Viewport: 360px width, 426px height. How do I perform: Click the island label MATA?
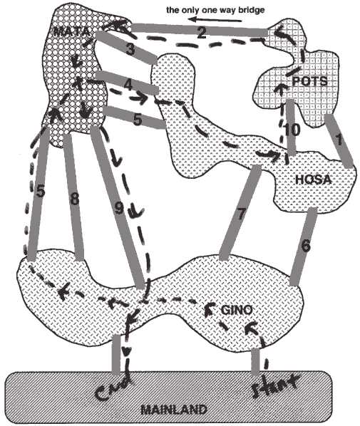[71, 32]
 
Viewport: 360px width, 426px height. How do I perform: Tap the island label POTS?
[309, 81]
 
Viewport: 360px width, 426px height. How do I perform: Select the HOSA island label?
[314, 180]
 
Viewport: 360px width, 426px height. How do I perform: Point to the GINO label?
[237, 310]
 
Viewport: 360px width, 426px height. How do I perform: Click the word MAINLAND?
[174, 410]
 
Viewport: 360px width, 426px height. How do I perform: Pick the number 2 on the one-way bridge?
[202, 33]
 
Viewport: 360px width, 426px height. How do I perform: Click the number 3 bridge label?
[130, 50]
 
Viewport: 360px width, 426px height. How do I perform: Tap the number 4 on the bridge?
[128, 85]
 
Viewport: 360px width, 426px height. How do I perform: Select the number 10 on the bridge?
[292, 130]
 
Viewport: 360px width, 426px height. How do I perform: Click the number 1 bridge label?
[338, 141]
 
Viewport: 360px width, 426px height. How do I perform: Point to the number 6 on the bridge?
[305, 246]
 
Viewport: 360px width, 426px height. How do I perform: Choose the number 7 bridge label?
[241, 214]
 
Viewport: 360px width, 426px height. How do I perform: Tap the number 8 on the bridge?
[75, 199]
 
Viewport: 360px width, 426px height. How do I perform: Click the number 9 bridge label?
[119, 209]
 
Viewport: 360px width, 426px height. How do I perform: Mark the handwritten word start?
[275, 385]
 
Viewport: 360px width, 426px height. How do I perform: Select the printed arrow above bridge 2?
[215, 19]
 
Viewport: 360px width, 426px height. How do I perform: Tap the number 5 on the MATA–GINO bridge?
[41, 191]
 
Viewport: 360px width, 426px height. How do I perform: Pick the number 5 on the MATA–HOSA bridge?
[138, 120]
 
